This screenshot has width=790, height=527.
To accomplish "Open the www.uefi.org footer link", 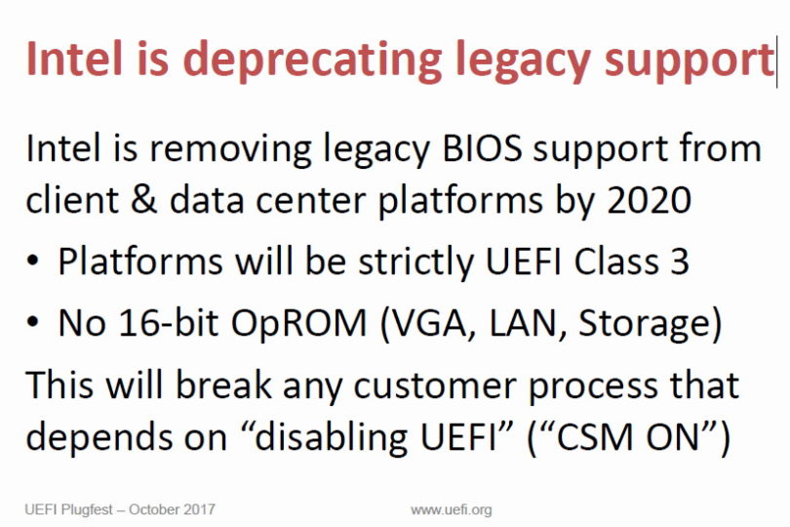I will coord(451,509).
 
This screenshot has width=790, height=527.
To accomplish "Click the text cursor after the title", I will coord(776,61).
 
